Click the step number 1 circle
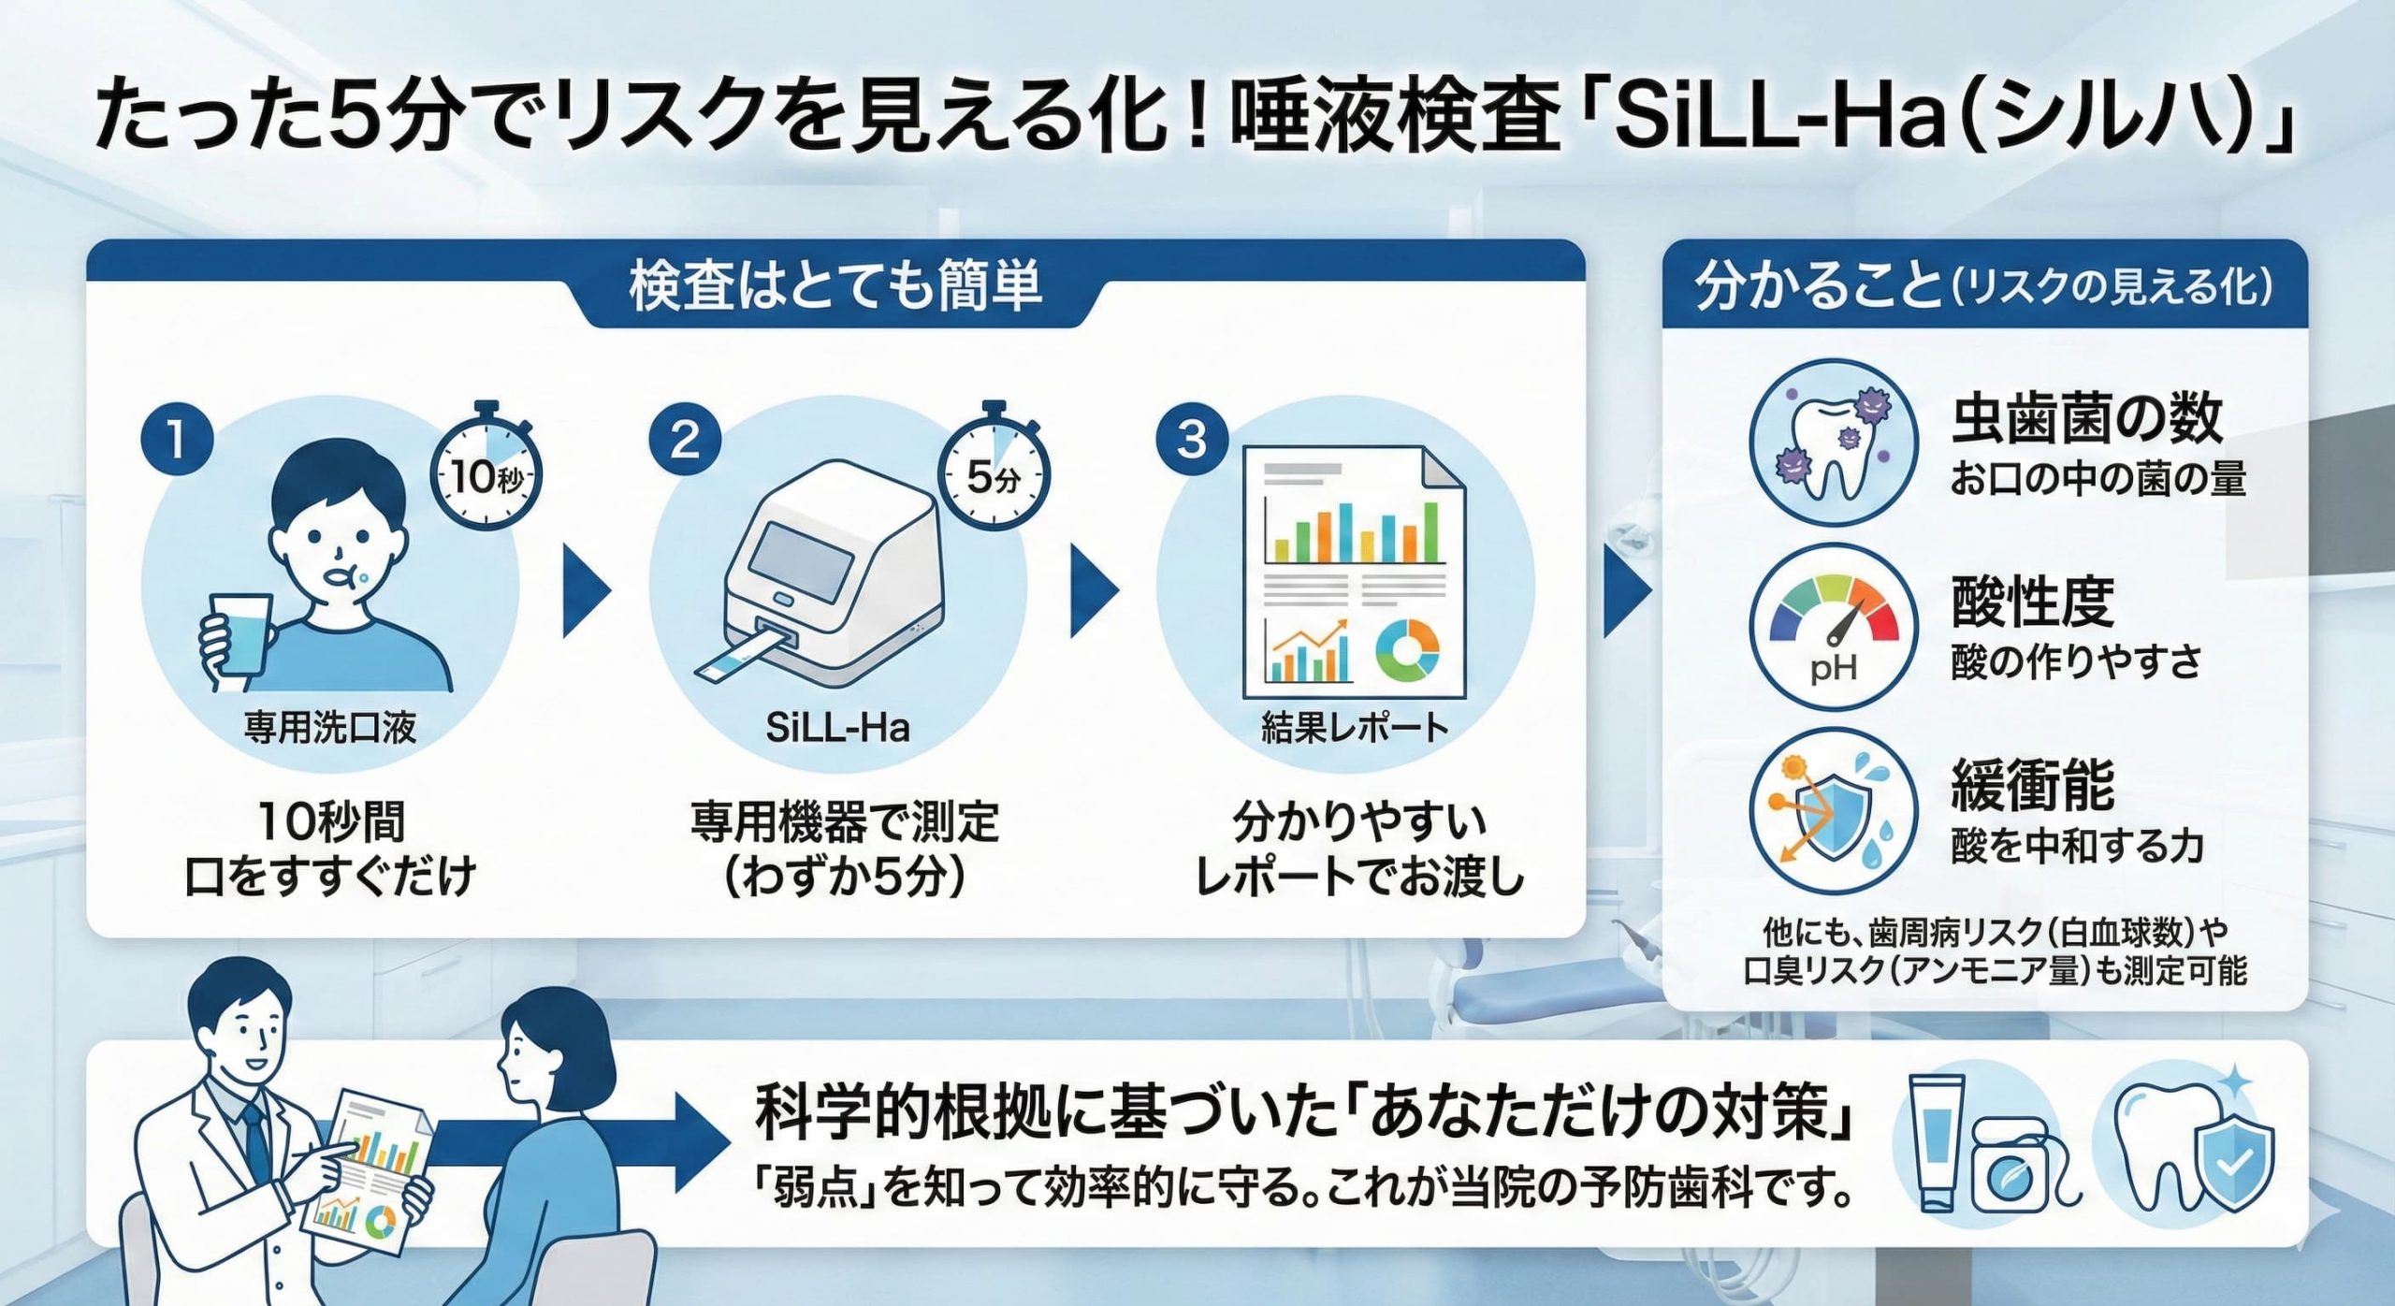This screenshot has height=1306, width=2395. coord(177,438)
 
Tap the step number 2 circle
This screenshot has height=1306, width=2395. coord(685,438)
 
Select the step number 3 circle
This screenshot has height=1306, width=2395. coord(1193,438)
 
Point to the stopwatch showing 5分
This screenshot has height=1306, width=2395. coord(994,473)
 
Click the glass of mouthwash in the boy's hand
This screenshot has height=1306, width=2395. coord(241,636)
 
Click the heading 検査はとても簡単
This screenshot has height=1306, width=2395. coord(835,285)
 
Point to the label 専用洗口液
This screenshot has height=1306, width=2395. coord(330,727)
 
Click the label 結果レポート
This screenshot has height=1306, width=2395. coord(1355,727)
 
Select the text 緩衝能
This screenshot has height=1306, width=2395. coord(2032,784)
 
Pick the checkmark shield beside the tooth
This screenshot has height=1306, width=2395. coord(2233,1166)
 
